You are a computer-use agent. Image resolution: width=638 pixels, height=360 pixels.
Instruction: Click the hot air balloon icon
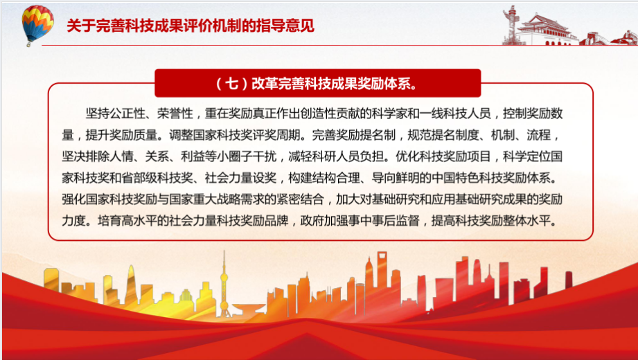[37, 25]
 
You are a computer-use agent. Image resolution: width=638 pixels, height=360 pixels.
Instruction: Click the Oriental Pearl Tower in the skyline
[224, 284]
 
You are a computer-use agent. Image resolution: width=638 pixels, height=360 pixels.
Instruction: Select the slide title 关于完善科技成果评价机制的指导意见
[190, 26]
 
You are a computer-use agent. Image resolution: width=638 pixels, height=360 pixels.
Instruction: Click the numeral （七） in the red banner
[231, 84]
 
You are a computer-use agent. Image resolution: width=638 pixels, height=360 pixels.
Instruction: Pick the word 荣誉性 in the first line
[175, 114]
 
